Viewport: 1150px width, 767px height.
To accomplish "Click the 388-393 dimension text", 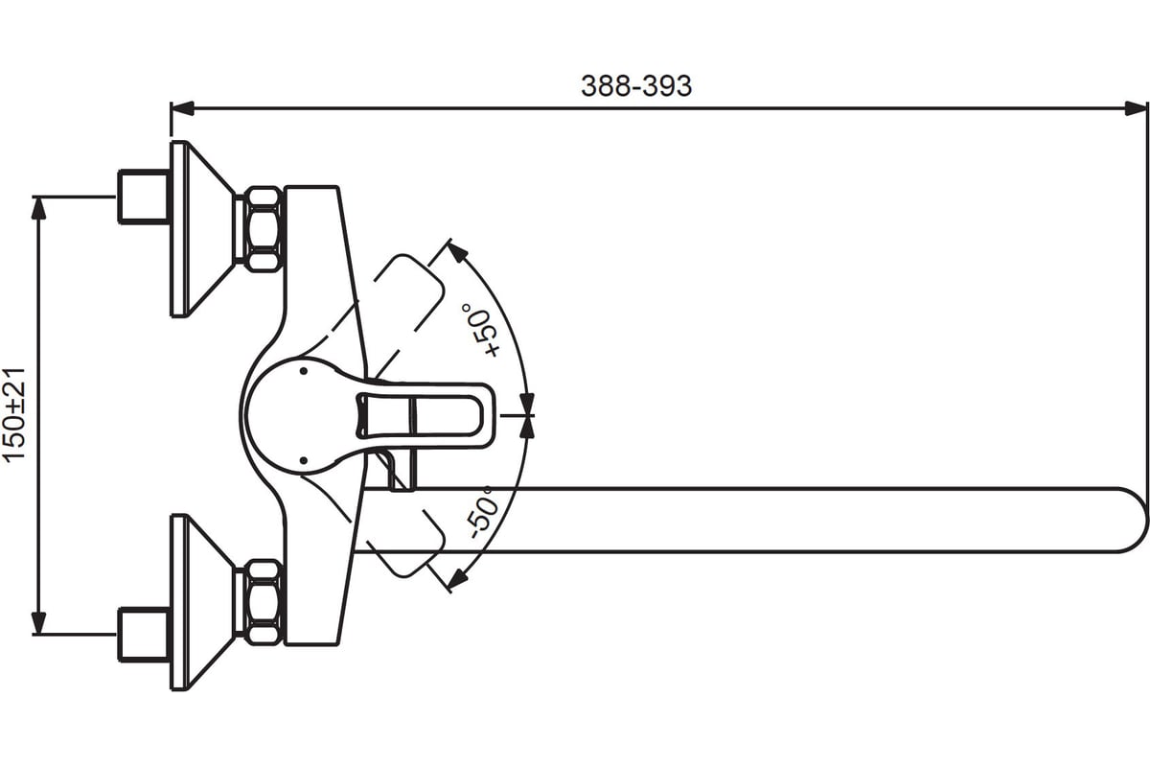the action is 636,85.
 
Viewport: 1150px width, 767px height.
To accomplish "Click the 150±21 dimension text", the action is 14,415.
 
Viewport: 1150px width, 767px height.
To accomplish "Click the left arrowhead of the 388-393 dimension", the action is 182,108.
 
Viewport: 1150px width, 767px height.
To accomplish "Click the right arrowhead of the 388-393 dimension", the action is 1135,108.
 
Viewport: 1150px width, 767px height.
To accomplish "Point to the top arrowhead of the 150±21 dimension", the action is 38,208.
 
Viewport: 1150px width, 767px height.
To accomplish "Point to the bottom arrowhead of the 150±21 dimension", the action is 38,622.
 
